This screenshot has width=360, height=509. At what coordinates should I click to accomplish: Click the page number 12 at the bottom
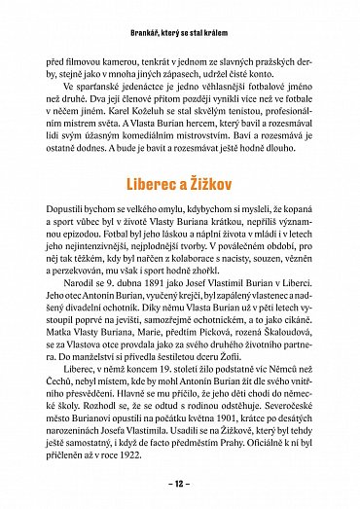(x=180, y=485)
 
